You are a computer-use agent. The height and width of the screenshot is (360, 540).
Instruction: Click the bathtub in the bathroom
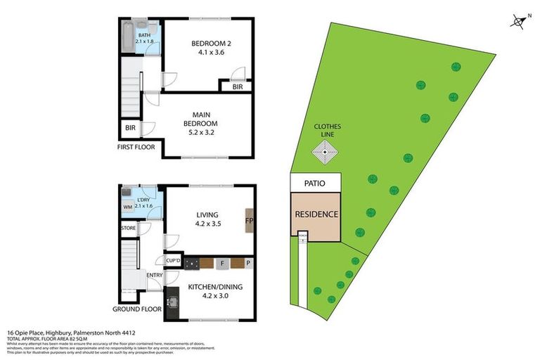pos(127,36)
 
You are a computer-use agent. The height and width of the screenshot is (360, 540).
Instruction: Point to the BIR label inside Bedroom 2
pos(238,87)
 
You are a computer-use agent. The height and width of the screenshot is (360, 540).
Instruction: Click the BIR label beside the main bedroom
pos(130,128)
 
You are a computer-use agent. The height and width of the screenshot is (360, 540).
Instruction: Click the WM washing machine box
pos(127,207)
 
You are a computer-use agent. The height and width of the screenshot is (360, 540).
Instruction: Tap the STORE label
pos(127,228)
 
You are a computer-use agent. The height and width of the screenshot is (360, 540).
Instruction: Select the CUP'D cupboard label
pos(174,261)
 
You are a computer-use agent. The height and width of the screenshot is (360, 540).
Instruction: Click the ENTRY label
pos(154,275)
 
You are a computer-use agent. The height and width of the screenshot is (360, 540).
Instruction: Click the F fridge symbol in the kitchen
pos(223,264)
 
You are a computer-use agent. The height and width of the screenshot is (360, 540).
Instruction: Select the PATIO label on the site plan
pos(316,183)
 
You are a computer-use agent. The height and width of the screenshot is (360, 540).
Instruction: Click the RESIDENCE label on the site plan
pos(316,214)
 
